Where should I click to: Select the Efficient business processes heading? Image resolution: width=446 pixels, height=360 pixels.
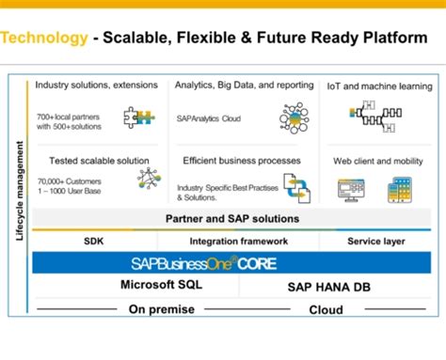pyautogui.click(x=241, y=161)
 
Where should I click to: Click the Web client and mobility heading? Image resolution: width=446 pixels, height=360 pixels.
pyautogui.click(x=373, y=161)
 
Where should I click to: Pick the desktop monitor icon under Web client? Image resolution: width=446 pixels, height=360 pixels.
pyautogui.click(x=351, y=190)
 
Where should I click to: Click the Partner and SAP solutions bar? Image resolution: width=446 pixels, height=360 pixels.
pyautogui.click(x=232, y=219)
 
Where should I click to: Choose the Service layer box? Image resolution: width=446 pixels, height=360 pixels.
pyautogui.click(x=375, y=242)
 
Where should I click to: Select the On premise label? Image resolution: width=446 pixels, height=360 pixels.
pyautogui.click(x=163, y=309)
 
